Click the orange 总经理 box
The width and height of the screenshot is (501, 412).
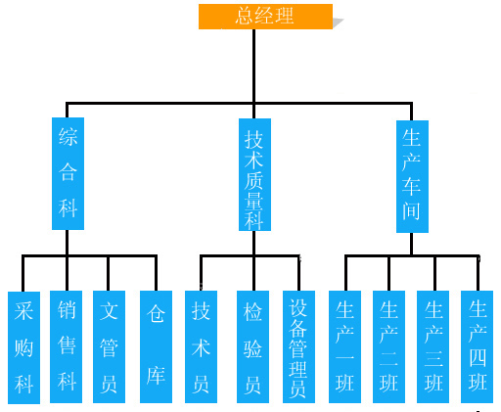(x=265, y=17)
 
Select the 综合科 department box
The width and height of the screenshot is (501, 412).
(x=68, y=173)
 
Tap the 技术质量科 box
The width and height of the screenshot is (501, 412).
(x=254, y=174)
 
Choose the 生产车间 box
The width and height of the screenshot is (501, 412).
(x=412, y=176)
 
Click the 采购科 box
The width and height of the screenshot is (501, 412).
(x=23, y=347)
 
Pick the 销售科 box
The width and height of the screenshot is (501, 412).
(x=66, y=346)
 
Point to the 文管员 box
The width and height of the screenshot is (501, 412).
(x=109, y=346)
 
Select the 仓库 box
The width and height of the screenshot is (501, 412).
(x=156, y=346)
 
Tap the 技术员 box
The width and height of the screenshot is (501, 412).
(x=201, y=346)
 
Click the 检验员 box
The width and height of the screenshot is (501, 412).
(x=252, y=346)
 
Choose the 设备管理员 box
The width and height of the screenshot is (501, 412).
(x=298, y=346)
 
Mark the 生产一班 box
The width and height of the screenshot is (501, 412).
(x=344, y=346)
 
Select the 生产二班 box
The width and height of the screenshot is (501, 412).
(x=388, y=346)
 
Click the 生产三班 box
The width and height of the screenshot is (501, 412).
(x=433, y=346)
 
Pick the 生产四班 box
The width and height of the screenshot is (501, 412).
(x=477, y=346)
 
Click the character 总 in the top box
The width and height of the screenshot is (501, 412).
(x=245, y=16)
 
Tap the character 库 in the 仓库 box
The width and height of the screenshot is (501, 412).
(x=156, y=376)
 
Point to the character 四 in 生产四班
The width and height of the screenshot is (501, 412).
(x=478, y=358)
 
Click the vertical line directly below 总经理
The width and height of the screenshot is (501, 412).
(x=254, y=73)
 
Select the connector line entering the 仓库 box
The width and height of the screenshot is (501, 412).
(x=156, y=273)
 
